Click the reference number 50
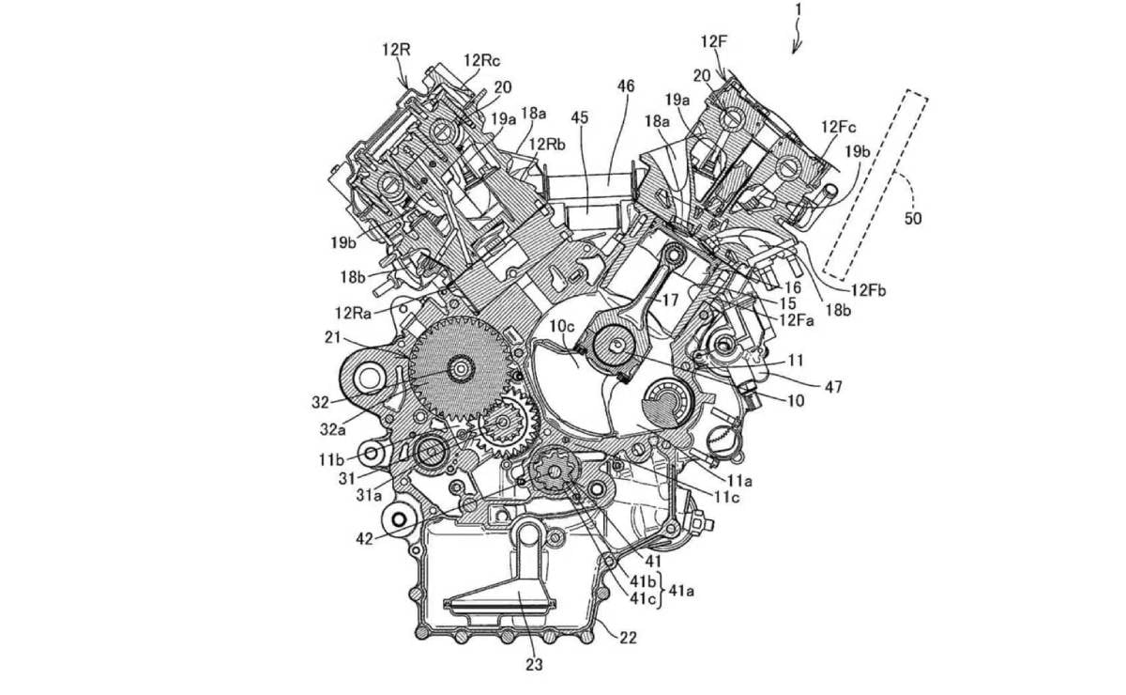pos(913,218)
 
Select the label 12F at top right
pos(713,41)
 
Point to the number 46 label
pos(626,85)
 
